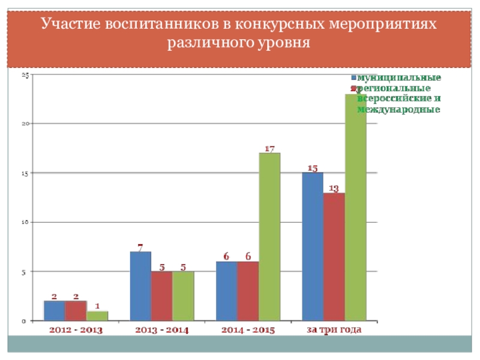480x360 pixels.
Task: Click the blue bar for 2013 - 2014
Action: pyautogui.click(x=140, y=286)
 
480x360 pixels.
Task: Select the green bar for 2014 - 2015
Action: pyautogui.click(x=269, y=237)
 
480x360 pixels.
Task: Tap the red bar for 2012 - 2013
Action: pyautogui.click(x=76, y=311)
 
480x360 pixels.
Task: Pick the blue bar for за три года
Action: pyautogui.click(x=313, y=247)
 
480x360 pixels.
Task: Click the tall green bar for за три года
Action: pyautogui.click(x=355, y=207)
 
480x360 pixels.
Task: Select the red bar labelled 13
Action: pyautogui.click(x=334, y=257)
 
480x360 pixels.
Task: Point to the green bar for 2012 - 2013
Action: pyautogui.click(x=97, y=316)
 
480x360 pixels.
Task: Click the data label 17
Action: pyautogui.click(x=269, y=148)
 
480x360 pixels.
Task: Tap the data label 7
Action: pyautogui.click(x=140, y=247)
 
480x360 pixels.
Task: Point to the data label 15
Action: pyautogui.click(x=313, y=168)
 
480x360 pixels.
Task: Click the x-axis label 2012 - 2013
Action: pyautogui.click(x=76, y=330)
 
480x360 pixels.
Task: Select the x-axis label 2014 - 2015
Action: pyautogui.click(x=248, y=330)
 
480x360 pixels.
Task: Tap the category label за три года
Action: pyautogui.click(x=334, y=330)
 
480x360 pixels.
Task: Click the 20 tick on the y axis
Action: pyautogui.click(x=26, y=124)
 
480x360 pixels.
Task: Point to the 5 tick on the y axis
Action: pyautogui.click(x=26, y=272)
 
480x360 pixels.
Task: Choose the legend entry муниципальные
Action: pyautogui.click(x=399, y=78)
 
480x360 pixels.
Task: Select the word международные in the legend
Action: pyautogui.click(x=399, y=110)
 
